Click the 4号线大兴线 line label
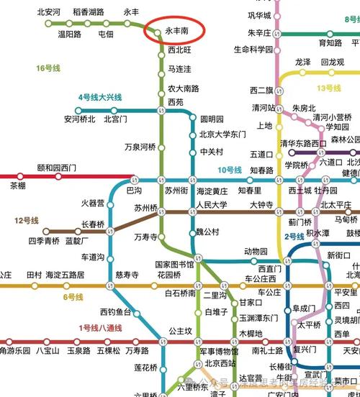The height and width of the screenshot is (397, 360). coord(100,97)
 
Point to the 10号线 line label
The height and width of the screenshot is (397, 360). coord(230,170)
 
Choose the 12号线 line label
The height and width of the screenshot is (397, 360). coord(26,220)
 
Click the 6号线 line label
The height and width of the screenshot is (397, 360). coord(73,296)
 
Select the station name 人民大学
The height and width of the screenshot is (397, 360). coord(212,205)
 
